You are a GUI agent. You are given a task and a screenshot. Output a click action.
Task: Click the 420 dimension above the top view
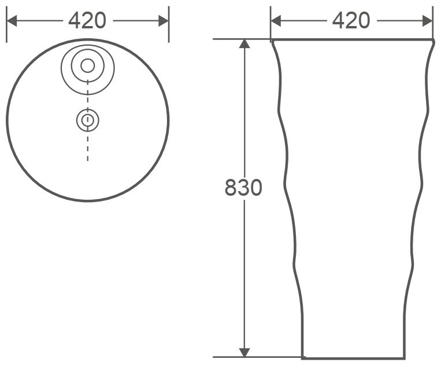click(x=87, y=21)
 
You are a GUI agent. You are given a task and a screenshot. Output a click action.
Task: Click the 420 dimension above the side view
click(x=351, y=21)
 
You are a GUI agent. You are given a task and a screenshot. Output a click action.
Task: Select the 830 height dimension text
click(x=243, y=188)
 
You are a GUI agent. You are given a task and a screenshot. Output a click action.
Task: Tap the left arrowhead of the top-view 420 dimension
click(x=12, y=21)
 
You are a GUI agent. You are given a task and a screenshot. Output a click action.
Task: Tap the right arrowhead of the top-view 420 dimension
click(x=164, y=21)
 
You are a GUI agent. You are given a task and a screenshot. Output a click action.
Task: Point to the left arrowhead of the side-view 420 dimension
click(x=276, y=21)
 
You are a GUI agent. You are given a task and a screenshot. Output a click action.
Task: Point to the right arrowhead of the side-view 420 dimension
click(x=428, y=21)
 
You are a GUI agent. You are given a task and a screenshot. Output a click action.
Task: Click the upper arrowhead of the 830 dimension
click(x=244, y=43)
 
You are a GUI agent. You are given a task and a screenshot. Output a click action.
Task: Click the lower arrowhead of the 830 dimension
click(x=244, y=353)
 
